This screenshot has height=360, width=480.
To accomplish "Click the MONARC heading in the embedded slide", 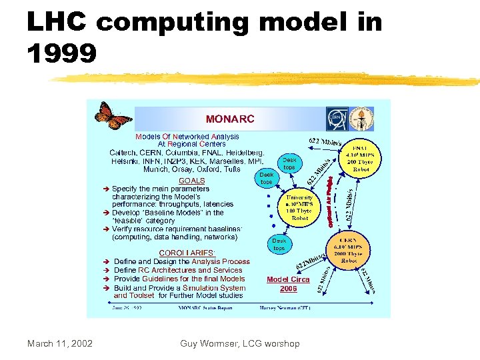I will click(230, 119).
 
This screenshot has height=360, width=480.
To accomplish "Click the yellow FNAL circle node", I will click(361, 160).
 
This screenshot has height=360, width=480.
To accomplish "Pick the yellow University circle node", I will click(299, 207).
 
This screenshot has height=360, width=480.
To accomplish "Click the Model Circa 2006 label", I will click(288, 284).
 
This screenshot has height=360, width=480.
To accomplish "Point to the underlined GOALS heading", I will click(192, 181).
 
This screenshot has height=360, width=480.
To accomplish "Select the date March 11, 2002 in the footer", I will click(60, 343).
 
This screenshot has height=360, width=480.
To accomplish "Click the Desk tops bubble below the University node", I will click(279, 244).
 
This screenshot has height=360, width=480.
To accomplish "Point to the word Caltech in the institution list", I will click(124, 153).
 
